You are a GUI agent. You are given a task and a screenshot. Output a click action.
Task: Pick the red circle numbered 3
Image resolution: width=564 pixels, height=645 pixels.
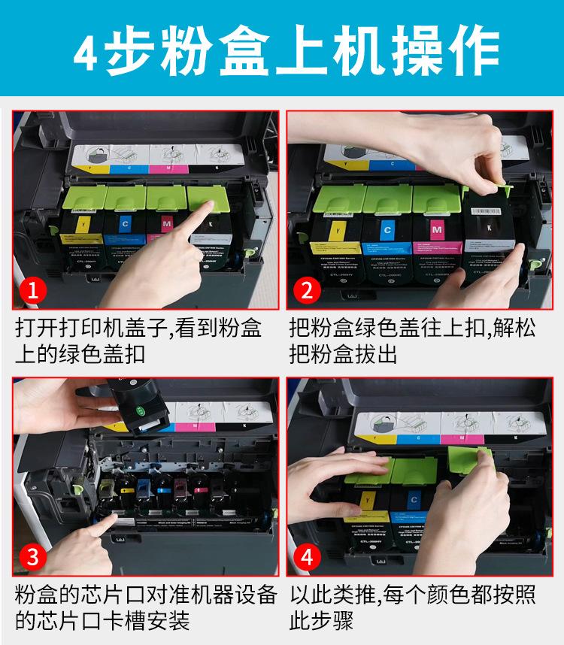click(x=32, y=558)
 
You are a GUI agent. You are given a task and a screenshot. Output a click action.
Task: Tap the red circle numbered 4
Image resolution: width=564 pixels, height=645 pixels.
click(x=306, y=558)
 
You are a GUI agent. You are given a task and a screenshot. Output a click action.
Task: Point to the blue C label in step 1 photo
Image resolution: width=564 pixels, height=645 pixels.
click(x=125, y=224)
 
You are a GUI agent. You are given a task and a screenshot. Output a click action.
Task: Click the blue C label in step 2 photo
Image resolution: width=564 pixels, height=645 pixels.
click(x=387, y=229)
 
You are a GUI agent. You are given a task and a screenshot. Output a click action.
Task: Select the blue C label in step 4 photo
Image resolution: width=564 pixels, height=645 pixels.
click(x=414, y=498)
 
